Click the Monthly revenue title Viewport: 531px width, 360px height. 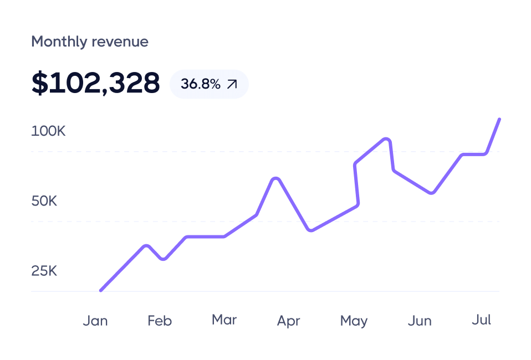[90, 42]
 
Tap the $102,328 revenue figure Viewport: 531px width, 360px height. [95, 83]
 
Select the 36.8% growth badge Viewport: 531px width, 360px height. [209, 84]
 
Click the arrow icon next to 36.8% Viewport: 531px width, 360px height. [232, 84]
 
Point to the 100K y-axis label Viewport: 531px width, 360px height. [48, 132]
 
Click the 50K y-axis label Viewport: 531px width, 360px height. [44, 201]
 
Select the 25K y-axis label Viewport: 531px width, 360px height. [44, 271]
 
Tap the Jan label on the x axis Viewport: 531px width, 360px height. [95, 321]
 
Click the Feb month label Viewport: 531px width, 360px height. [160, 321]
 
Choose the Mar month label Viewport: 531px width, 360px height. [224, 320]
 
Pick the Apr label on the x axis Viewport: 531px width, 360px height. [288, 321]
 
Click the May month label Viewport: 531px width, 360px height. [354, 321]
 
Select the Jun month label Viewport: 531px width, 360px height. [420, 321]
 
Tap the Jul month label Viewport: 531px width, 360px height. [481, 320]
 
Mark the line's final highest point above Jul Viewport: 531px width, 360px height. [499, 119]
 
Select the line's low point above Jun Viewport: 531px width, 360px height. [432, 193]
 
